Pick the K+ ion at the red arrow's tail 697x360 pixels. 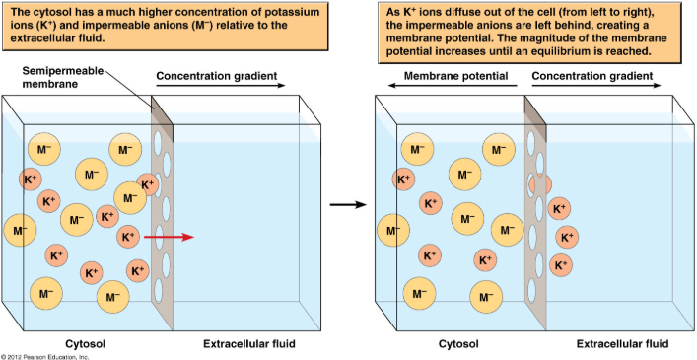coord(128,237)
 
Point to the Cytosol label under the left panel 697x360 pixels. coord(86,344)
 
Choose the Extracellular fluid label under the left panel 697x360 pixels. coord(248,344)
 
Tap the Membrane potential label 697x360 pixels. coord(454,75)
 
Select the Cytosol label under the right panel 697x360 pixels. coord(458,344)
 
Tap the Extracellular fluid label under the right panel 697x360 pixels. coord(621,344)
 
